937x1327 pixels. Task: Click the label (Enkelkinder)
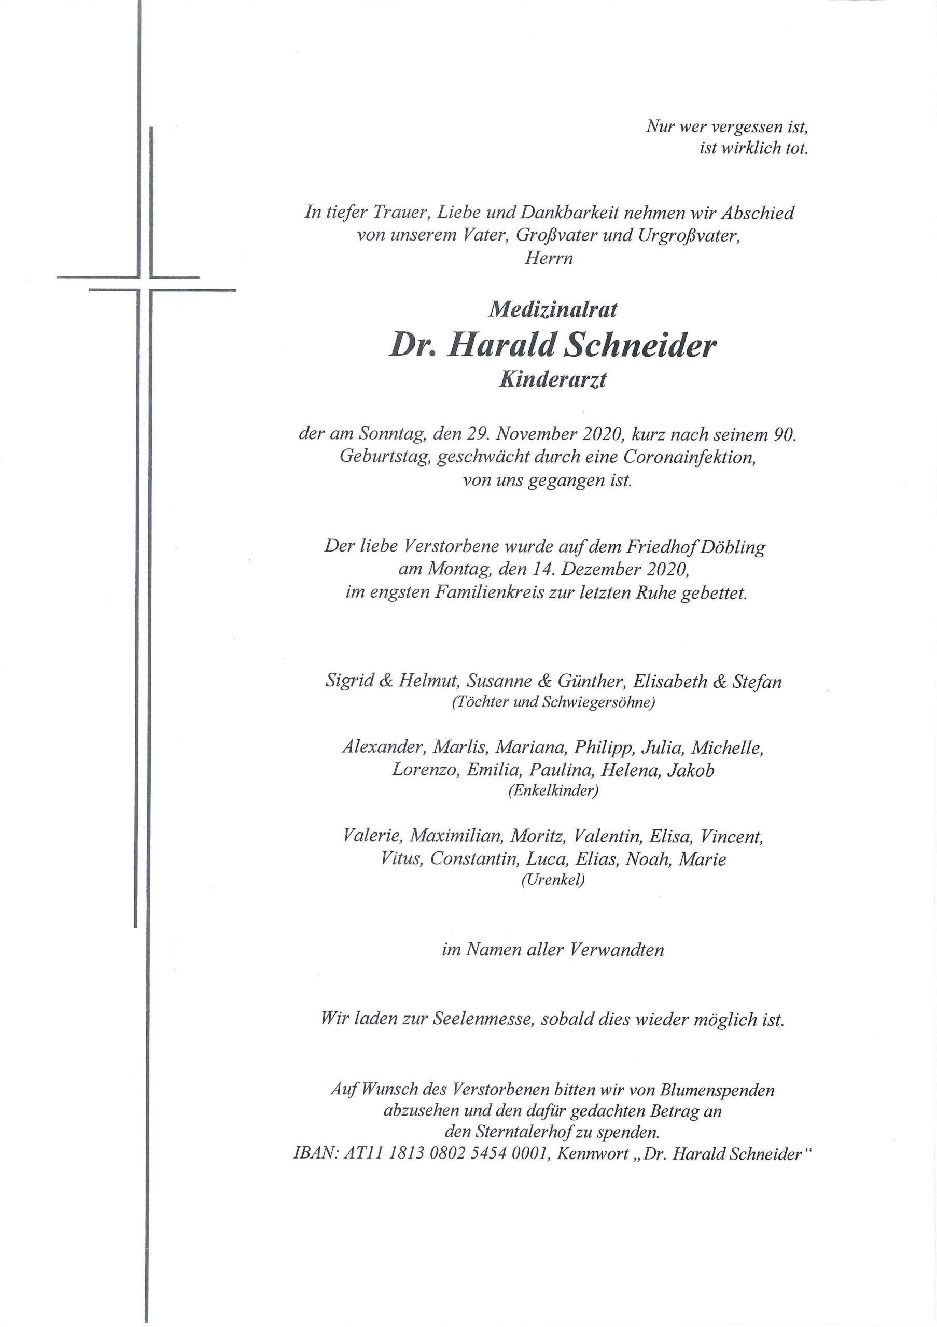(x=553, y=790)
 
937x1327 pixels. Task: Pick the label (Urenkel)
(x=553, y=880)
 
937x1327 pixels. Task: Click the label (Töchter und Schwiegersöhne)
(x=553, y=703)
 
